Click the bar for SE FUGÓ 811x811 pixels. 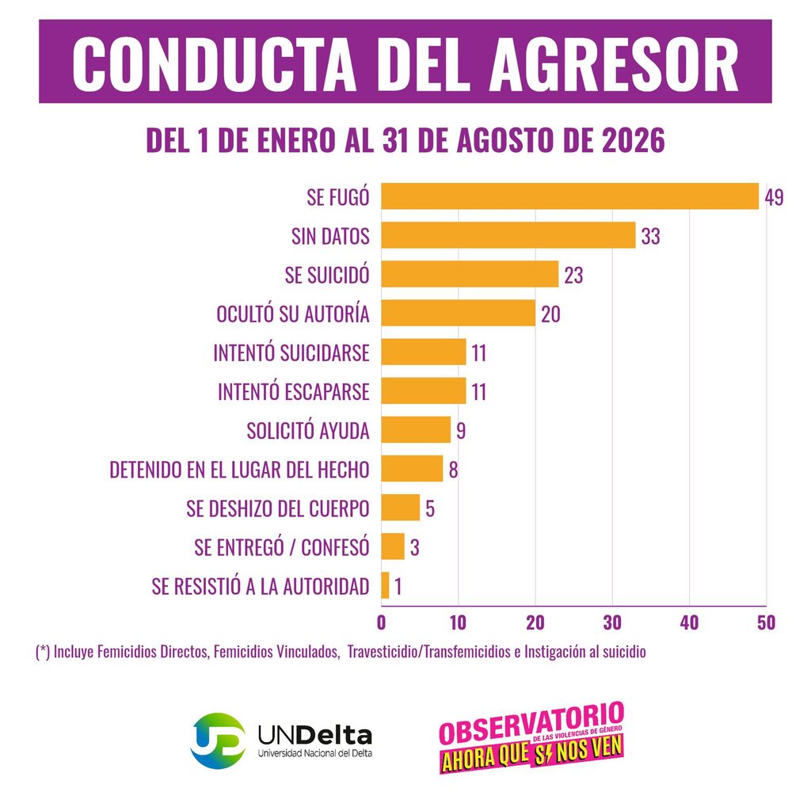[x=570, y=196]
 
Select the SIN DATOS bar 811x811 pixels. [x=508, y=235]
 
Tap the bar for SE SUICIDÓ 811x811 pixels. [x=470, y=274]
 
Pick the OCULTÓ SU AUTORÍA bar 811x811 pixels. [x=459, y=313]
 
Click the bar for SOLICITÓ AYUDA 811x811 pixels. [x=416, y=430]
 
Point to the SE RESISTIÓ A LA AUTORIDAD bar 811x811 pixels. [x=385, y=585]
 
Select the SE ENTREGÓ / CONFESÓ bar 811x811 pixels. [x=393, y=546]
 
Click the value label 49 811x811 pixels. [x=775, y=197]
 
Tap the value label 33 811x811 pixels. [x=651, y=236]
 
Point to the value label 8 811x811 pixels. [x=453, y=470]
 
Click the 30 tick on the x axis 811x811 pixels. [x=612, y=623]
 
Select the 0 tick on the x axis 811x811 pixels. [x=381, y=623]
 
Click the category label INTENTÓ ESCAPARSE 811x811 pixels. [x=294, y=392]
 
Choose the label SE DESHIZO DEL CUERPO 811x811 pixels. [x=278, y=509]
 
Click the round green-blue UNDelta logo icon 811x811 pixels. [x=218, y=741]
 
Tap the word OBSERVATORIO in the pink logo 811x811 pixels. [x=531, y=722]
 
